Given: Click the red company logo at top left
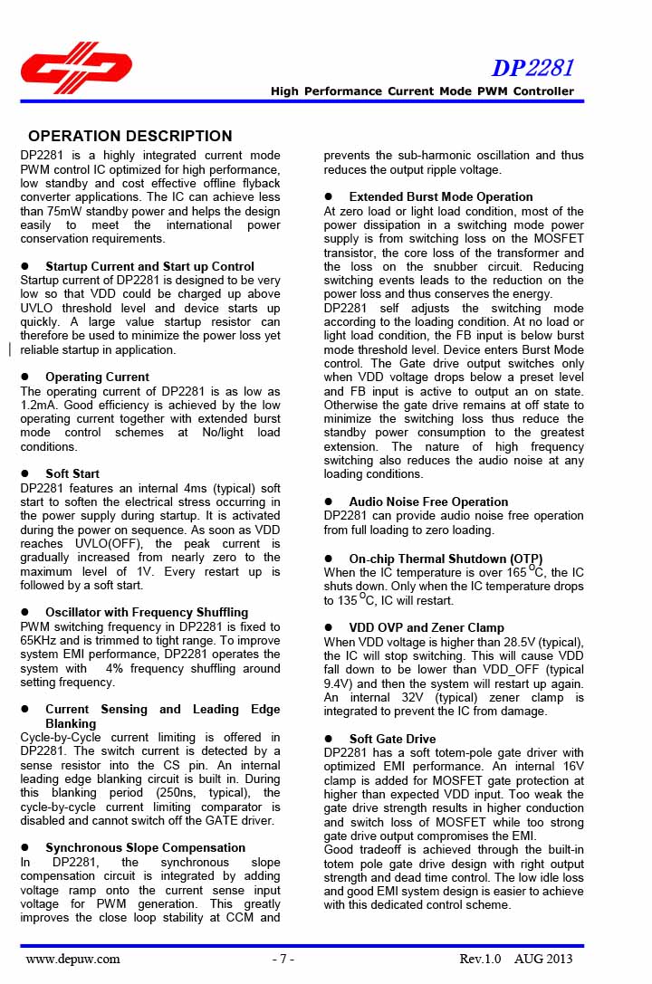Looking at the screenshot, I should pyautogui.click(x=76, y=69).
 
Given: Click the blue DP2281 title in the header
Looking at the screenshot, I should pyautogui.click(x=532, y=69).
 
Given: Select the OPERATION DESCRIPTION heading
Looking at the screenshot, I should pyautogui.click(x=130, y=137).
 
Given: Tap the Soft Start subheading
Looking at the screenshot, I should pyautogui.click(x=72, y=474).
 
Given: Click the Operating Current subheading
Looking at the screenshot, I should pyautogui.click(x=98, y=377).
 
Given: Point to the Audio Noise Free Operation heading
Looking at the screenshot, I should pyautogui.click(x=428, y=502).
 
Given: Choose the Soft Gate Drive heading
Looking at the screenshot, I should pyautogui.click(x=392, y=740).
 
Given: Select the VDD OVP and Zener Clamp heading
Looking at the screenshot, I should pyautogui.click(x=427, y=628).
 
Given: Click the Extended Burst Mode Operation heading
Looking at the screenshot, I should pyautogui.click(x=441, y=197).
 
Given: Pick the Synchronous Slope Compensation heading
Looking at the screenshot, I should pyautogui.click(x=146, y=848).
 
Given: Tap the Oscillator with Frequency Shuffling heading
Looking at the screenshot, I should pyautogui.click(x=147, y=613).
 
